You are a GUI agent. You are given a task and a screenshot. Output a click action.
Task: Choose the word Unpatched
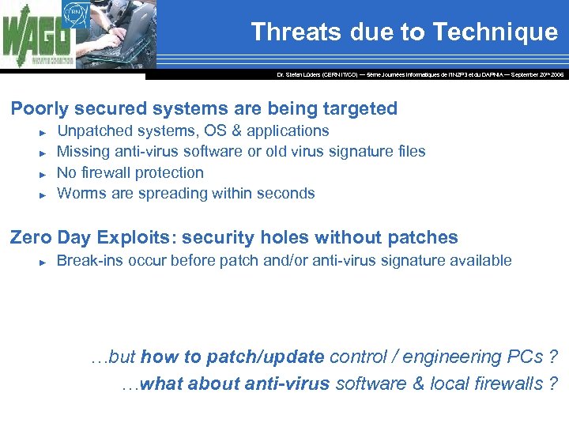click(95, 130)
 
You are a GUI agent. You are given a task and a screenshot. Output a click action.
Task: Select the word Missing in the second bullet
click(85, 151)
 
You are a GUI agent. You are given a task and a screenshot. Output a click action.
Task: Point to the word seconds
click(286, 193)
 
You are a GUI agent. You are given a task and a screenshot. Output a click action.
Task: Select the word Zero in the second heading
click(27, 237)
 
